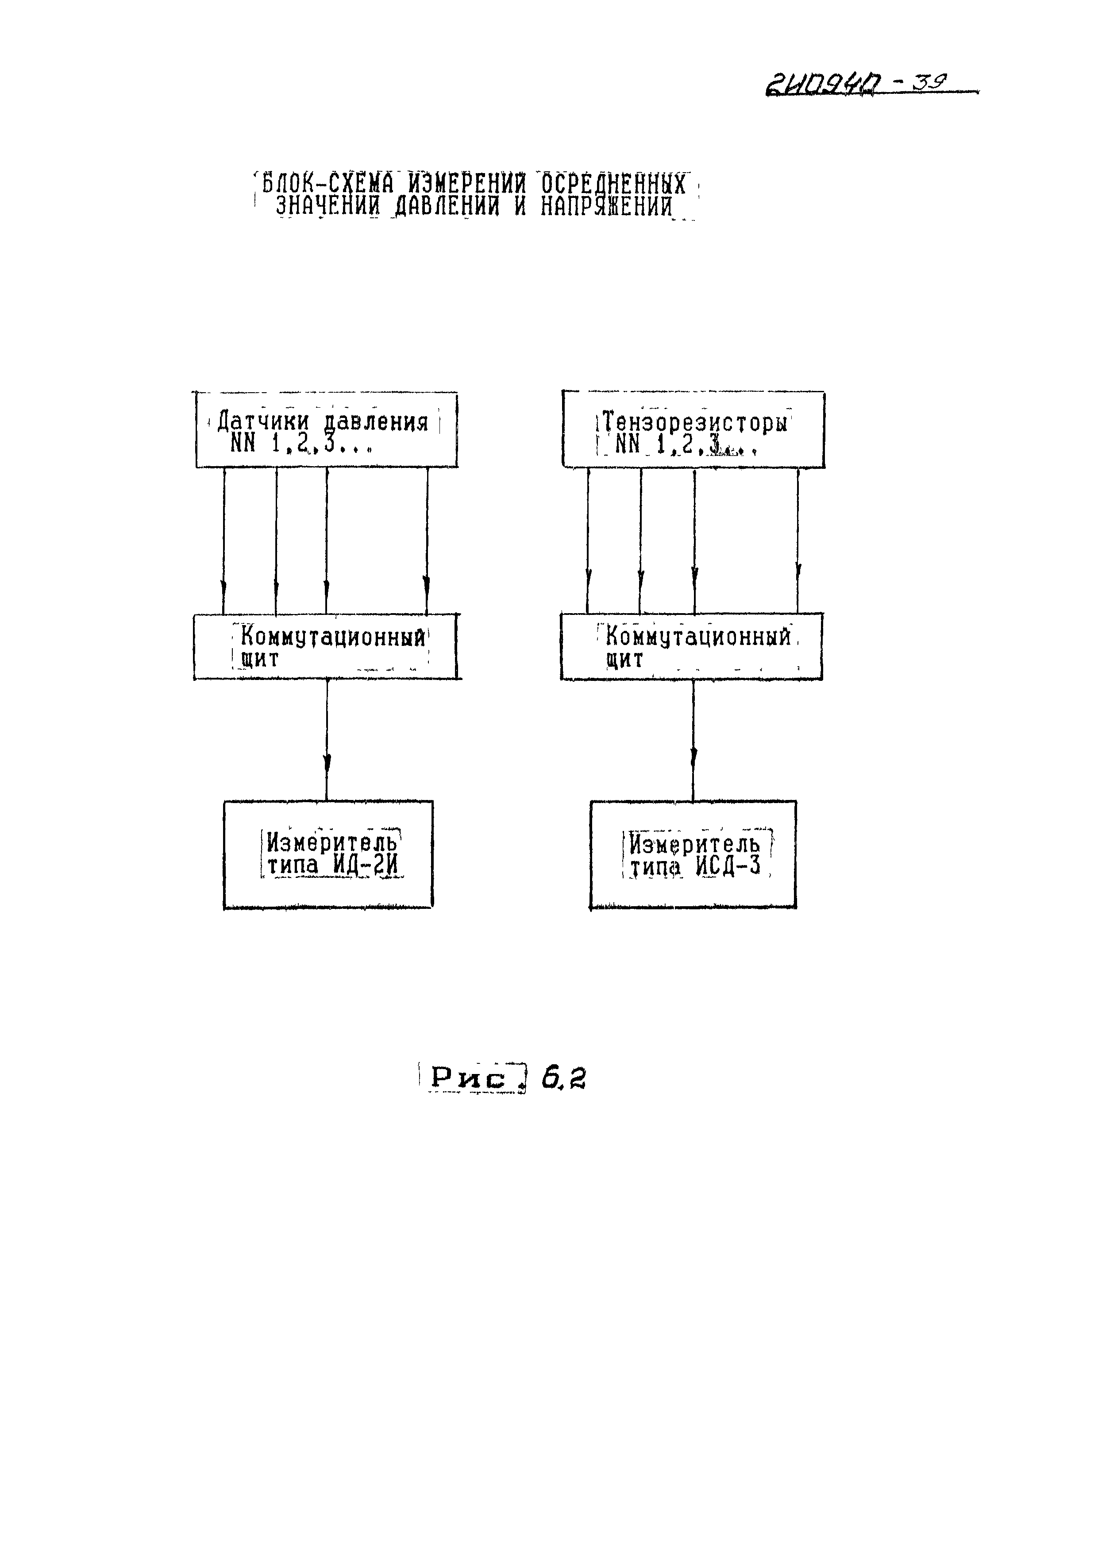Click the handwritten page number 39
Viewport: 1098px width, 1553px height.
pyautogui.click(x=930, y=82)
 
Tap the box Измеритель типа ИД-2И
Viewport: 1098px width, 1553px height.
pyautogui.click(x=328, y=854)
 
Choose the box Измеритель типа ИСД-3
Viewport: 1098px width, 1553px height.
pyautogui.click(x=693, y=854)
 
